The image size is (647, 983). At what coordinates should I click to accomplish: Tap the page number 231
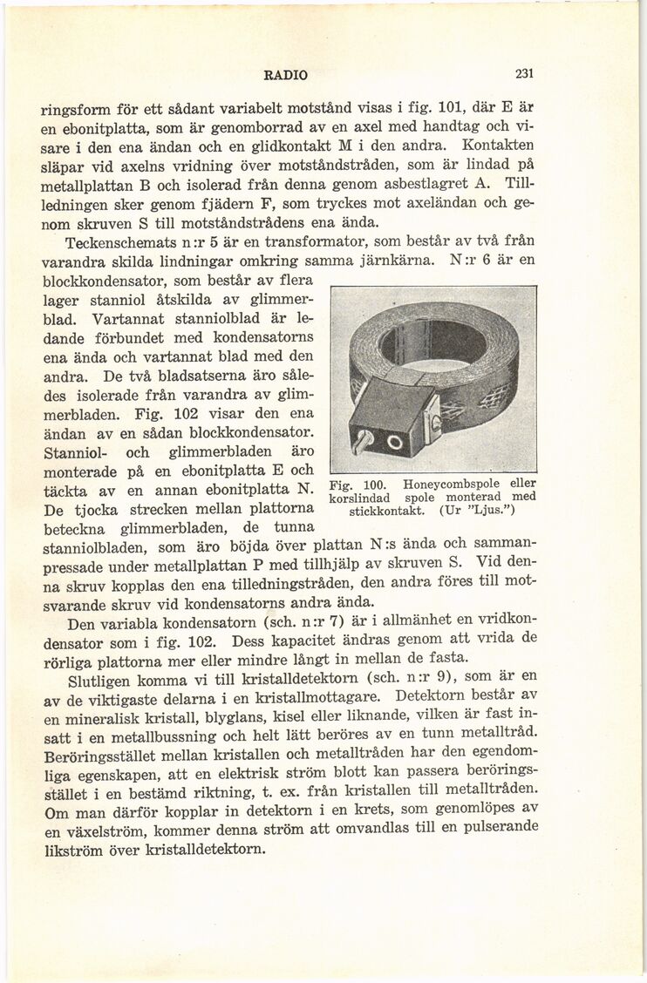coord(523,74)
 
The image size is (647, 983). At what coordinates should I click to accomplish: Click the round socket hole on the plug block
coord(392,443)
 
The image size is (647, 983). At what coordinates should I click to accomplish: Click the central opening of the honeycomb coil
coord(433,341)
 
